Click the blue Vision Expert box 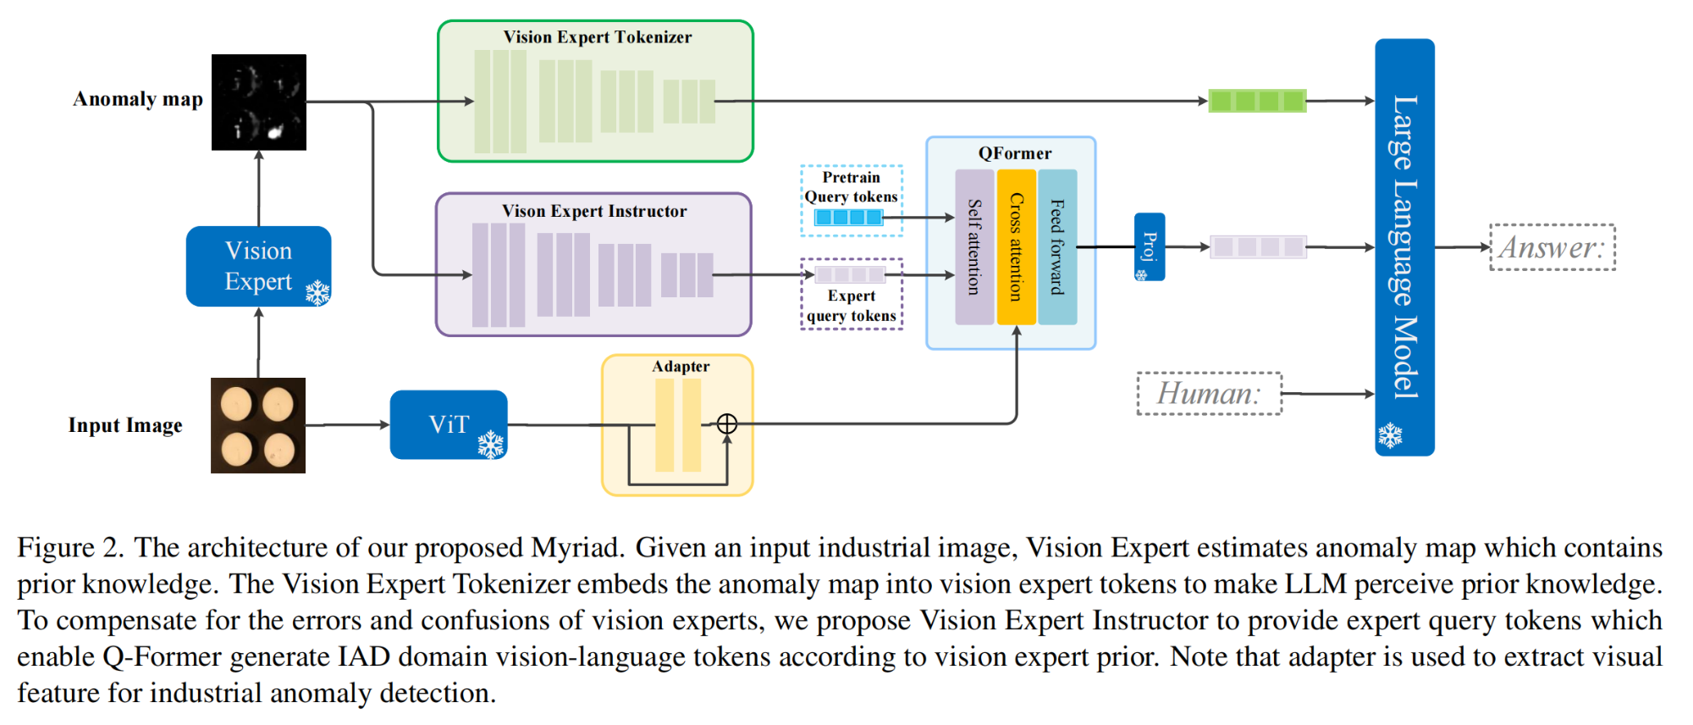[258, 266]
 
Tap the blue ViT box [449, 424]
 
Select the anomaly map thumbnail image [259, 102]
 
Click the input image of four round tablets [258, 425]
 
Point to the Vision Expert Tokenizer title [598, 37]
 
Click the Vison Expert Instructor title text [594, 211]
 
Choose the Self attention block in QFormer [974, 247]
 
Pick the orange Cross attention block [1016, 247]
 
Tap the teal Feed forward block [1057, 247]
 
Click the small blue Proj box [1150, 246]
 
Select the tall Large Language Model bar [1404, 247]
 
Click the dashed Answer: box [1552, 247]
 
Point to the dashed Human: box [1210, 394]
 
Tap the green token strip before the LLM [1257, 101]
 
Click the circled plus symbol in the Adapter [727, 423]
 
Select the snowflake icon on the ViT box [491, 444]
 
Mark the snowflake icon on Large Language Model [1390, 435]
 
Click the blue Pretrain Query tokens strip [848, 218]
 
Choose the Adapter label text [681, 366]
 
